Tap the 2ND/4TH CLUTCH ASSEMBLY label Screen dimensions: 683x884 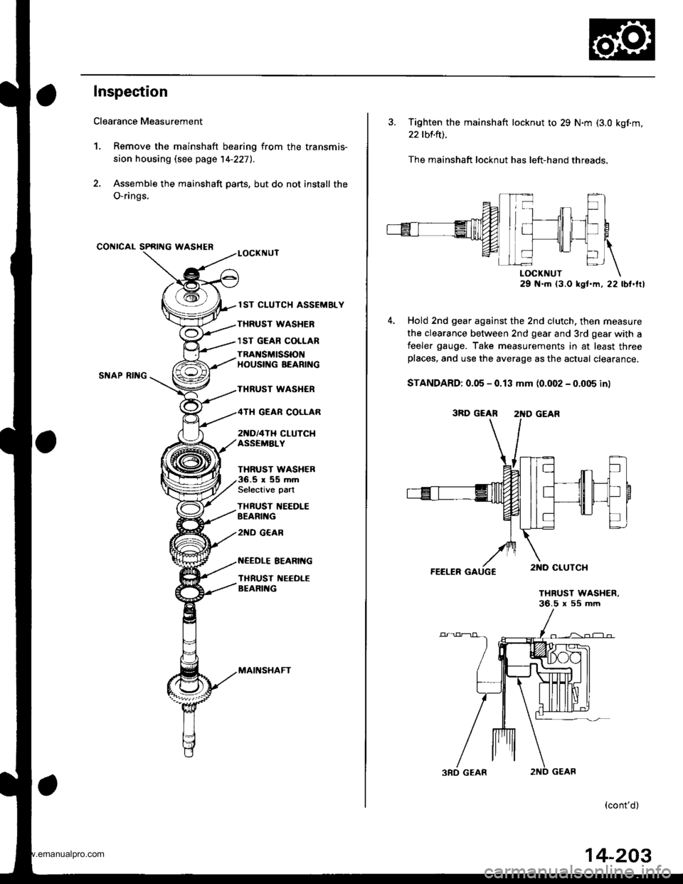coord(277,438)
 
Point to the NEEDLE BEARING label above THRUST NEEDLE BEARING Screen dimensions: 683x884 coord(275,562)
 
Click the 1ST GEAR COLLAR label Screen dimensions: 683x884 coord(280,340)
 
